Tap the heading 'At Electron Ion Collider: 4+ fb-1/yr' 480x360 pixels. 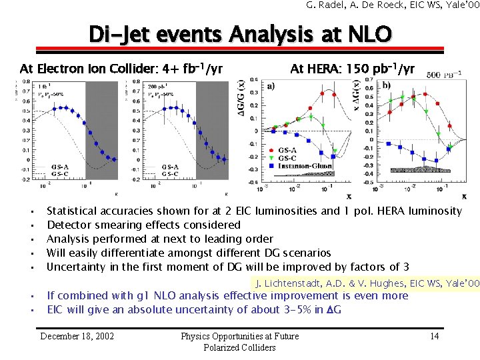click(x=121, y=69)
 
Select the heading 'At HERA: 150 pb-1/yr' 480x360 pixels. click(x=352, y=69)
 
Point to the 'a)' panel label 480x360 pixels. click(x=271, y=86)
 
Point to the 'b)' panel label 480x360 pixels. click(x=387, y=86)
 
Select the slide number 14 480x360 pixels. click(x=434, y=336)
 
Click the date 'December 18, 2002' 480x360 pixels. click(x=77, y=336)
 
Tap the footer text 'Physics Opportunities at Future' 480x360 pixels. click(x=240, y=336)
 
